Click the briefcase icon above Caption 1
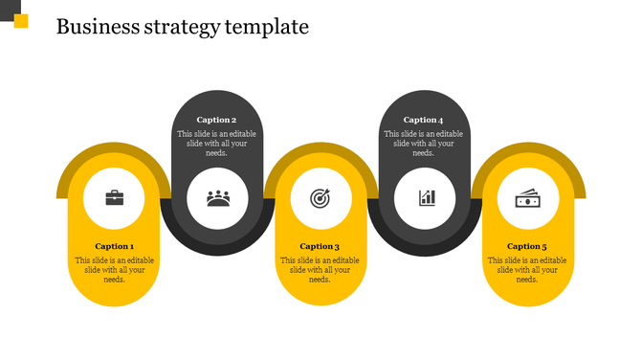tap(114, 198)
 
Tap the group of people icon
tap(218, 198)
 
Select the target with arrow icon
tap(320, 198)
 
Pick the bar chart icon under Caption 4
tap(426, 198)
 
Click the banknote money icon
tap(528, 198)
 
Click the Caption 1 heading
tap(114, 246)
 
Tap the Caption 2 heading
tap(216, 120)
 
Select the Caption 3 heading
tap(320, 246)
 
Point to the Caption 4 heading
tap(423, 120)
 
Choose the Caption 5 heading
tap(527, 246)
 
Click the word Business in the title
tap(98, 26)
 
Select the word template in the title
tap(267, 27)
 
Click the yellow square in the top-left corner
tap(20, 21)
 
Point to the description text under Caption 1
tap(114, 269)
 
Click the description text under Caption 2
tap(216, 143)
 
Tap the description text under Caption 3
tap(320, 269)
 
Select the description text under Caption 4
tap(423, 143)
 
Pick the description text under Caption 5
tap(527, 269)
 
